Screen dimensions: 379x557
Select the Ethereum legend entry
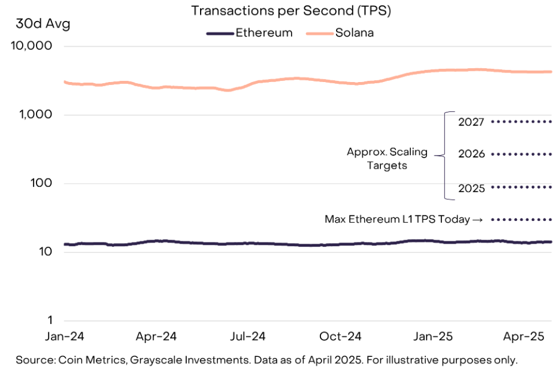point(264,33)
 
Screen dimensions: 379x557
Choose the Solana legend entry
point(354,33)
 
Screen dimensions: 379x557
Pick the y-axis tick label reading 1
point(50,320)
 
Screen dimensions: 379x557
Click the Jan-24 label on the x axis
point(65,336)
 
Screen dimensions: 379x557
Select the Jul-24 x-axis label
point(248,336)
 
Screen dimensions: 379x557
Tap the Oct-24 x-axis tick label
point(340,336)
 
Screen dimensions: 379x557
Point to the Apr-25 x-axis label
point(523,336)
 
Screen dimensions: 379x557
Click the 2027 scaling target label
point(471,122)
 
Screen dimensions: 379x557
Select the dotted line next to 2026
point(521,154)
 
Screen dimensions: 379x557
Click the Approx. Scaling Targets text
point(387,158)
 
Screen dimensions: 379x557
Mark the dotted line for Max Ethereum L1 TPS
point(521,220)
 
